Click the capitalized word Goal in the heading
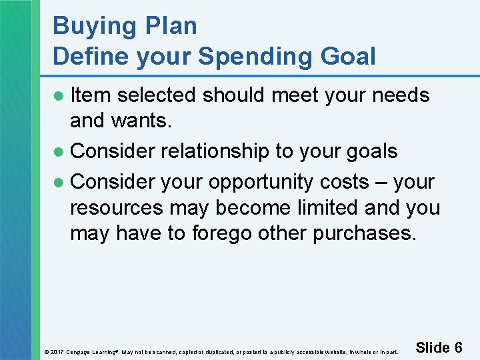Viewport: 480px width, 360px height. [349, 57]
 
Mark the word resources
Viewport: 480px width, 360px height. [117, 208]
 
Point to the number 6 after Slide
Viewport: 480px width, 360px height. [458, 347]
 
